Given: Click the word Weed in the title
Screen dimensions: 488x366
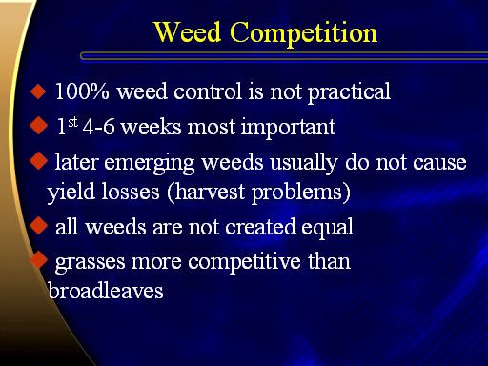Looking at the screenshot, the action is (x=187, y=32).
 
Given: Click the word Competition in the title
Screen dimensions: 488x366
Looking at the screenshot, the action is (x=303, y=33).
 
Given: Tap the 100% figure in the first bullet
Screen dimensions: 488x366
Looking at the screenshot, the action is (x=82, y=91).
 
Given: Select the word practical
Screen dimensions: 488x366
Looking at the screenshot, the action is (x=349, y=92).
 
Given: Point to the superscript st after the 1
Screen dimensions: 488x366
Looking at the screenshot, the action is (x=72, y=122).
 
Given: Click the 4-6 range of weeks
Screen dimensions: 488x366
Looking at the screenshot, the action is (x=98, y=127).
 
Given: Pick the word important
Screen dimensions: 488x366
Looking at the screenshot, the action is (x=288, y=128).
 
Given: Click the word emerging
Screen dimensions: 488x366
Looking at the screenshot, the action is (x=150, y=164).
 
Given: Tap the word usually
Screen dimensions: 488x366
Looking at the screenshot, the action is (x=303, y=163).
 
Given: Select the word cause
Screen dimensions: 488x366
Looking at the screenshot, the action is (x=439, y=163).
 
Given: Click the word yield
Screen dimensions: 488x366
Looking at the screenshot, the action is (x=71, y=193).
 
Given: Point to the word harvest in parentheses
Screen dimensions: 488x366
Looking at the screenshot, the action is (x=205, y=192).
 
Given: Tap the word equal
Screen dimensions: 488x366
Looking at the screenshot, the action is (x=327, y=229).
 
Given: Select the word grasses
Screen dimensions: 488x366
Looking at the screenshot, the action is (x=90, y=263).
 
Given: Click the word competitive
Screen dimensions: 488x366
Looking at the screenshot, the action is (x=244, y=262).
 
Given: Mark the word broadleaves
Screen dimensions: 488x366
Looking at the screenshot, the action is (x=106, y=291).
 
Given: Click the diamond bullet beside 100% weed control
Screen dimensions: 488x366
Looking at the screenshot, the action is (x=38, y=91).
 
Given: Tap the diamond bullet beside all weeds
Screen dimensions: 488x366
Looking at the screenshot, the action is (x=38, y=226).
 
